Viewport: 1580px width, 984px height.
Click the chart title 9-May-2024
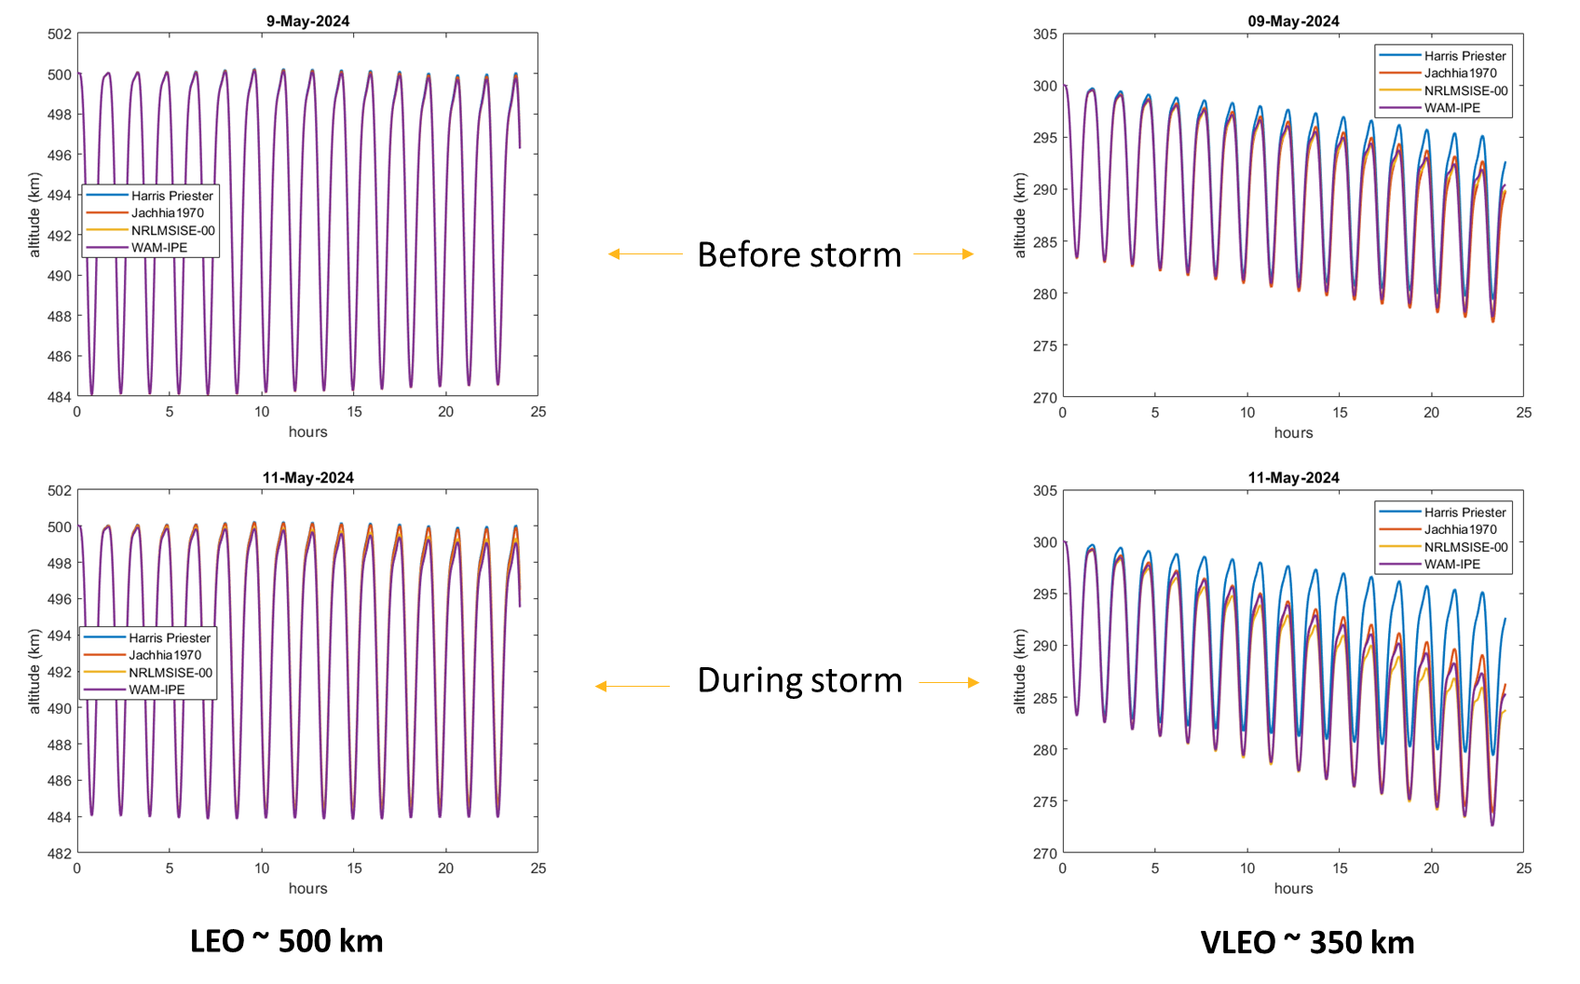click(307, 21)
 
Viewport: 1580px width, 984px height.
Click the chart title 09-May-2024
click(1293, 21)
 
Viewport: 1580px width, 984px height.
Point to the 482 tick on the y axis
click(60, 854)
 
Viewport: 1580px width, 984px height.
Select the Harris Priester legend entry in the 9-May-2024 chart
click(171, 196)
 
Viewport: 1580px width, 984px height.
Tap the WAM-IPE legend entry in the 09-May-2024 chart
click(1451, 108)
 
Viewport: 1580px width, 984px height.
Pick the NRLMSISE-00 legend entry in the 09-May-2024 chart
click(1465, 90)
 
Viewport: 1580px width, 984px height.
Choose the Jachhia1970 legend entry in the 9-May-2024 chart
click(167, 213)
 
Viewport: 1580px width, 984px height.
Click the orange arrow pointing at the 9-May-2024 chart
click(645, 253)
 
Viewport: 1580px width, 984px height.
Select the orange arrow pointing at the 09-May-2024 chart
click(944, 253)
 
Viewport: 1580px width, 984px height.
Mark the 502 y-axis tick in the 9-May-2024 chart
click(60, 34)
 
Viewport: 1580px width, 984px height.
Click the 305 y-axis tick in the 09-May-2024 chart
click(1045, 34)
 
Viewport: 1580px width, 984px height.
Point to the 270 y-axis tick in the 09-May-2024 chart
click(1045, 398)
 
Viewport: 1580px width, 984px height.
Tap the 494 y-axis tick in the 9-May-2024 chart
click(60, 196)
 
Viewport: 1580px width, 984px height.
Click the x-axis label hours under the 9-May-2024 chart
click(307, 431)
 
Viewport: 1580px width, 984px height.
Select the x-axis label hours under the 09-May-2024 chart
click(1293, 432)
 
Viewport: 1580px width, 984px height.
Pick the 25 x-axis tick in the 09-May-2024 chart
click(1523, 413)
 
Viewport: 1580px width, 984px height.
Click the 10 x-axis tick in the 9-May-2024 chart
click(262, 412)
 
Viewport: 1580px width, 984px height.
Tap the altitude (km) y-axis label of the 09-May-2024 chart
click(1020, 215)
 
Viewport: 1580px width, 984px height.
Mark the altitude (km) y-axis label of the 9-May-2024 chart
click(34, 215)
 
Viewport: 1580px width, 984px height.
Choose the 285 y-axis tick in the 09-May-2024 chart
click(1045, 242)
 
